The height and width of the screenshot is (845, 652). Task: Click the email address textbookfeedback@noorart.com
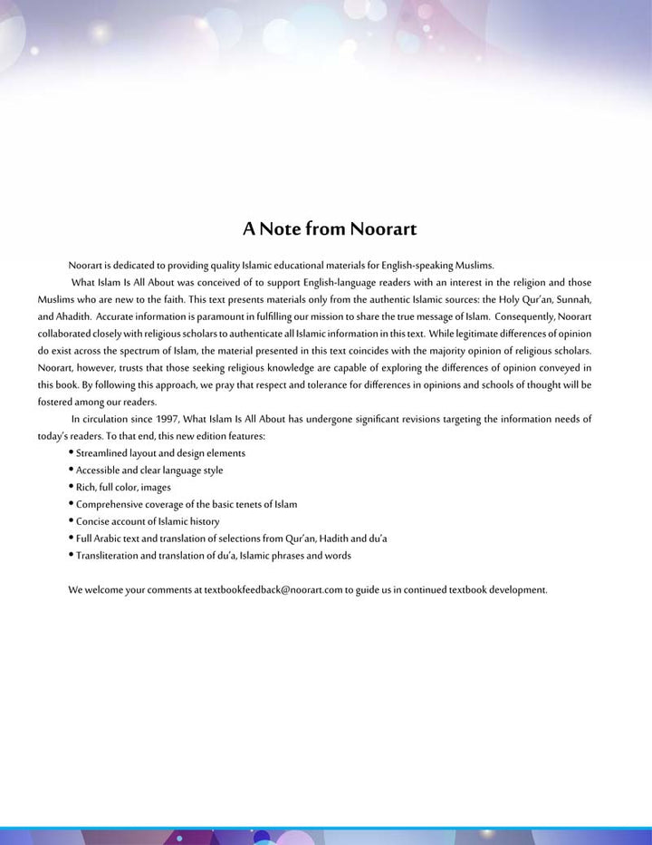[x=273, y=589]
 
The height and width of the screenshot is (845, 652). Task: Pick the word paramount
[x=221, y=316]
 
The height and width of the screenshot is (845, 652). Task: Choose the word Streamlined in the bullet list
[x=102, y=452]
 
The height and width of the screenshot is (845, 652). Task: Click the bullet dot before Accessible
[x=71, y=470]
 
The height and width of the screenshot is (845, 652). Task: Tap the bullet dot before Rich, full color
[x=71, y=487]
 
